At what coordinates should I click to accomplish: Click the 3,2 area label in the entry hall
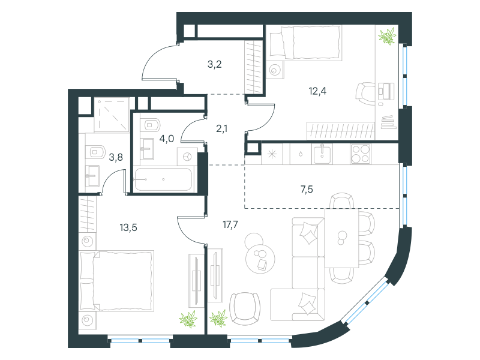[x=215, y=64]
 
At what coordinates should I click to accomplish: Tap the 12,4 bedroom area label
[x=318, y=91]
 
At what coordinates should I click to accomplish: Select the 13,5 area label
[x=128, y=227]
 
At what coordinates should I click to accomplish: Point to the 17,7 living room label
[x=230, y=224]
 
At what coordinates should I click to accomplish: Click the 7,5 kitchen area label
[x=307, y=190]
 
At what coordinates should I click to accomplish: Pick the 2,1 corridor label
[x=221, y=128]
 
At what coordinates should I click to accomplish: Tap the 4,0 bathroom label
[x=167, y=139]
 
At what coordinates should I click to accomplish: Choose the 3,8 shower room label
[x=116, y=157]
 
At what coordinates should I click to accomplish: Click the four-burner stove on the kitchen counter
[x=361, y=154]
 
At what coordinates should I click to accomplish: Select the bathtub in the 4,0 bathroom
[x=163, y=179]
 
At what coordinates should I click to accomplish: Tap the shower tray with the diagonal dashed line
[x=112, y=115]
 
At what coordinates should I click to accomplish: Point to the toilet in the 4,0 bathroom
[x=151, y=125]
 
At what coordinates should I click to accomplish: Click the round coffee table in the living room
[x=260, y=259]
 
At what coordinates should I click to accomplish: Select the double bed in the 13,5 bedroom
[x=116, y=281]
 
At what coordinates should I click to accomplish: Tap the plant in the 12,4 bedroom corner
[x=387, y=36]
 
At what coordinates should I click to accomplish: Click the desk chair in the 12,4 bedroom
[x=365, y=94]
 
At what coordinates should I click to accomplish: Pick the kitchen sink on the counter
[x=322, y=154]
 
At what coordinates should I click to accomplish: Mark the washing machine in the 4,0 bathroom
[x=187, y=157]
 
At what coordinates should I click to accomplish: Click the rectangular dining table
[x=341, y=238]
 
